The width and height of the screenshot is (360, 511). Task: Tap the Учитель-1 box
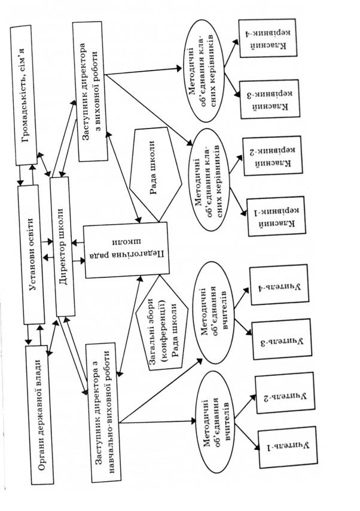tap(281, 446)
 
